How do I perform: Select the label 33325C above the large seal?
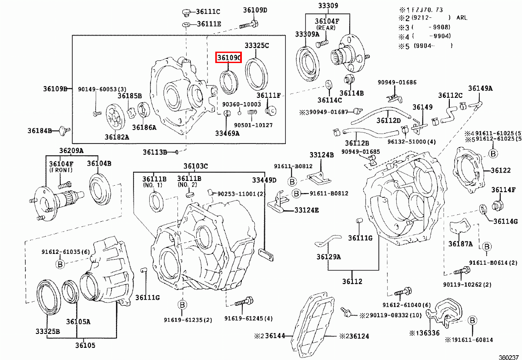coord(257,46)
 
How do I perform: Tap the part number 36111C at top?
coord(208,12)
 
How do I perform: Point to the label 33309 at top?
coord(328,6)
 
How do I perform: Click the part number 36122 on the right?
coord(501,170)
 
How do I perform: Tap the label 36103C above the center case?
coord(195,166)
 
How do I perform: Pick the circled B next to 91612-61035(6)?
coord(60,263)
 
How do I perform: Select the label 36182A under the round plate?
coord(117,137)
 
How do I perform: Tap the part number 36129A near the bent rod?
coord(328,257)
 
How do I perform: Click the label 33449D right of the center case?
coord(264,180)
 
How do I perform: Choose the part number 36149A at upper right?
coord(480,88)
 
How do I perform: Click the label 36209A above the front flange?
coord(71,151)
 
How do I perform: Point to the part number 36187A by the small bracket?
coord(460,244)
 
